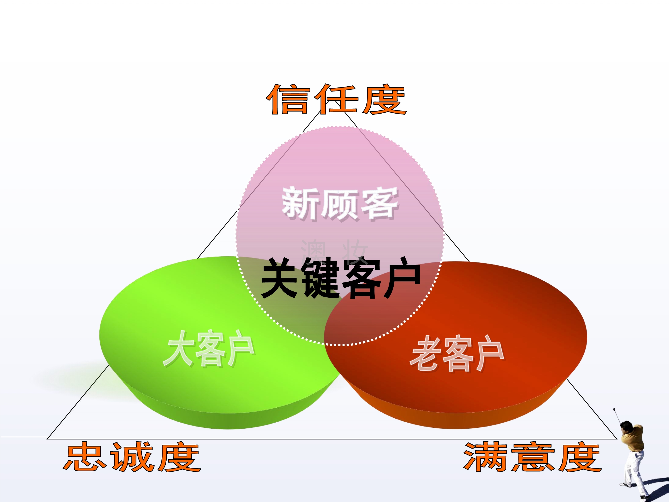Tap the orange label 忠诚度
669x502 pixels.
pos(132,457)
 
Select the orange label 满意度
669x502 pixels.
pos(533,457)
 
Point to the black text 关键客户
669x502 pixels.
pos(341,278)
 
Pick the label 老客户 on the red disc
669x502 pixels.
pos(457,353)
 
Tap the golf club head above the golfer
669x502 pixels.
pos(614,409)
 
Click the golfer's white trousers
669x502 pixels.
pos(634,471)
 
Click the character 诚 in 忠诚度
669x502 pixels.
pos(132,457)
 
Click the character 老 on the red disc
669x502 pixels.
pos(425,353)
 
